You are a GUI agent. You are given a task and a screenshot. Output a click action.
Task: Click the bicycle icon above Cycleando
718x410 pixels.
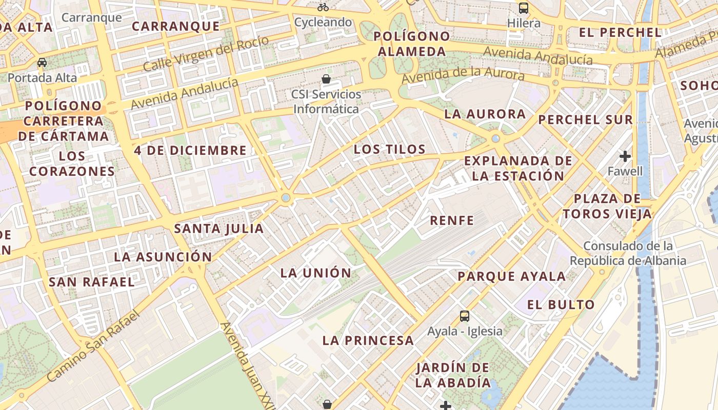[x=323, y=7]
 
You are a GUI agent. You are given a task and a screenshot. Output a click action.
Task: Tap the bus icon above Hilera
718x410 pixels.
[x=524, y=8]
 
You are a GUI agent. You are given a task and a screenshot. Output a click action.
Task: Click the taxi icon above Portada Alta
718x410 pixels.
[x=42, y=63]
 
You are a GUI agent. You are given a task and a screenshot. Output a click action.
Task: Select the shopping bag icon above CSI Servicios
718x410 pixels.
[x=326, y=79]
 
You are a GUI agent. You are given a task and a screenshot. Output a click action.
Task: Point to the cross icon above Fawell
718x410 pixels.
[x=625, y=156]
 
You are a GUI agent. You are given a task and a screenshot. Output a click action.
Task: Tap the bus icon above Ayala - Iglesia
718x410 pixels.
[x=465, y=316]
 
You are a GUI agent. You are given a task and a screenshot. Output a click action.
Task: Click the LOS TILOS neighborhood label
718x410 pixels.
[x=390, y=149]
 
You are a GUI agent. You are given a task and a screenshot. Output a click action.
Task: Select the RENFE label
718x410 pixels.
[x=452, y=220]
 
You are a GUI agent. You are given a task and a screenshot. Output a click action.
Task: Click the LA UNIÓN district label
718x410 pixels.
[x=316, y=273]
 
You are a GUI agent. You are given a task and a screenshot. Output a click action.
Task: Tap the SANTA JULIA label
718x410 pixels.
[x=219, y=229]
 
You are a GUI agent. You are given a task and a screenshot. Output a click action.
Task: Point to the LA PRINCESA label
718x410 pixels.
[x=368, y=340]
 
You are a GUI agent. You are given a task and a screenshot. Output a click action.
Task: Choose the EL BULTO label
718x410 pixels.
[x=561, y=304]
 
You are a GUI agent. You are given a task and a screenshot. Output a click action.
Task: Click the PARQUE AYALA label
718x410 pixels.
[x=511, y=276]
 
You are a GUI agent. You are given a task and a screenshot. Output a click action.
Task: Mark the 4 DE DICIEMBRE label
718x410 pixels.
[x=190, y=150]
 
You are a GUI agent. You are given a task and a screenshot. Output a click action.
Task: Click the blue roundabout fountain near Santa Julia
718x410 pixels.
[x=286, y=198]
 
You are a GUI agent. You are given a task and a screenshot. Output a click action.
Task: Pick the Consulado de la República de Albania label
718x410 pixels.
[x=628, y=253]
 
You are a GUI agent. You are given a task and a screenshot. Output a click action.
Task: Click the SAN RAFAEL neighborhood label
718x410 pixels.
[x=91, y=281]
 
